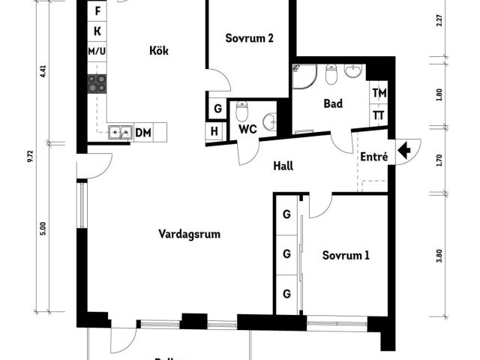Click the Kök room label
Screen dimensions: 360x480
pos(158,51)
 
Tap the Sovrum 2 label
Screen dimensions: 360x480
pos(249,38)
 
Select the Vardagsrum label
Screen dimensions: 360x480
pos(189,234)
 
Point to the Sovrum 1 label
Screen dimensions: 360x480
pos(346,255)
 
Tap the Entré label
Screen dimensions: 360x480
pos(373,157)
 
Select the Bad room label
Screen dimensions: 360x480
pos(333,103)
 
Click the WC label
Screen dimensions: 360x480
pos(247,129)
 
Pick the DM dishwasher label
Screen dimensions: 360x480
pos(142,133)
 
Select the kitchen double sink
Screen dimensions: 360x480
pos(118,133)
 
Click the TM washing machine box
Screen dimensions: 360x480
pos(379,93)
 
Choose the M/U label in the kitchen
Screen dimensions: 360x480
pos(97,51)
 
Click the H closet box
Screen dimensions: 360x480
pos(214,131)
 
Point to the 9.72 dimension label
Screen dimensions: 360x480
pos(30,155)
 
